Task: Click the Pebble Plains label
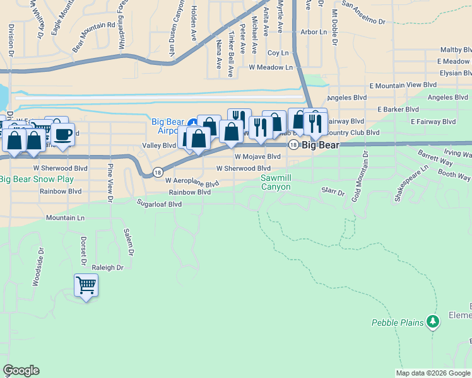pyautogui.click(x=397, y=323)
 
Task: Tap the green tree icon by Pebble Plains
pyautogui.click(x=432, y=322)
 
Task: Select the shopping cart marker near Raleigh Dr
pyautogui.click(x=86, y=285)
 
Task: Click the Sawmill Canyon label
pyautogui.click(x=276, y=183)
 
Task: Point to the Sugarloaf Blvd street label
pyautogui.click(x=159, y=203)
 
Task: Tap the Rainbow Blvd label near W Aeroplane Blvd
pyautogui.click(x=189, y=192)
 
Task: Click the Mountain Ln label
pyautogui.click(x=65, y=217)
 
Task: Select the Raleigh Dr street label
pyautogui.click(x=107, y=267)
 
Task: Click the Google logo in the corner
pyautogui.click(x=21, y=370)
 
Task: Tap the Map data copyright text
pyautogui.click(x=434, y=373)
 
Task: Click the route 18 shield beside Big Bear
pyautogui.click(x=293, y=145)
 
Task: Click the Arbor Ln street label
pyautogui.click(x=314, y=31)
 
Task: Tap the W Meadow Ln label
pyautogui.click(x=271, y=67)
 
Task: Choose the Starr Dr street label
pyautogui.click(x=333, y=192)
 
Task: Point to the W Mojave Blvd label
pyautogui.click(x=257, y=156)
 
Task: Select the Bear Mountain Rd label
pyautogui.click(x=93, y=36)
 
